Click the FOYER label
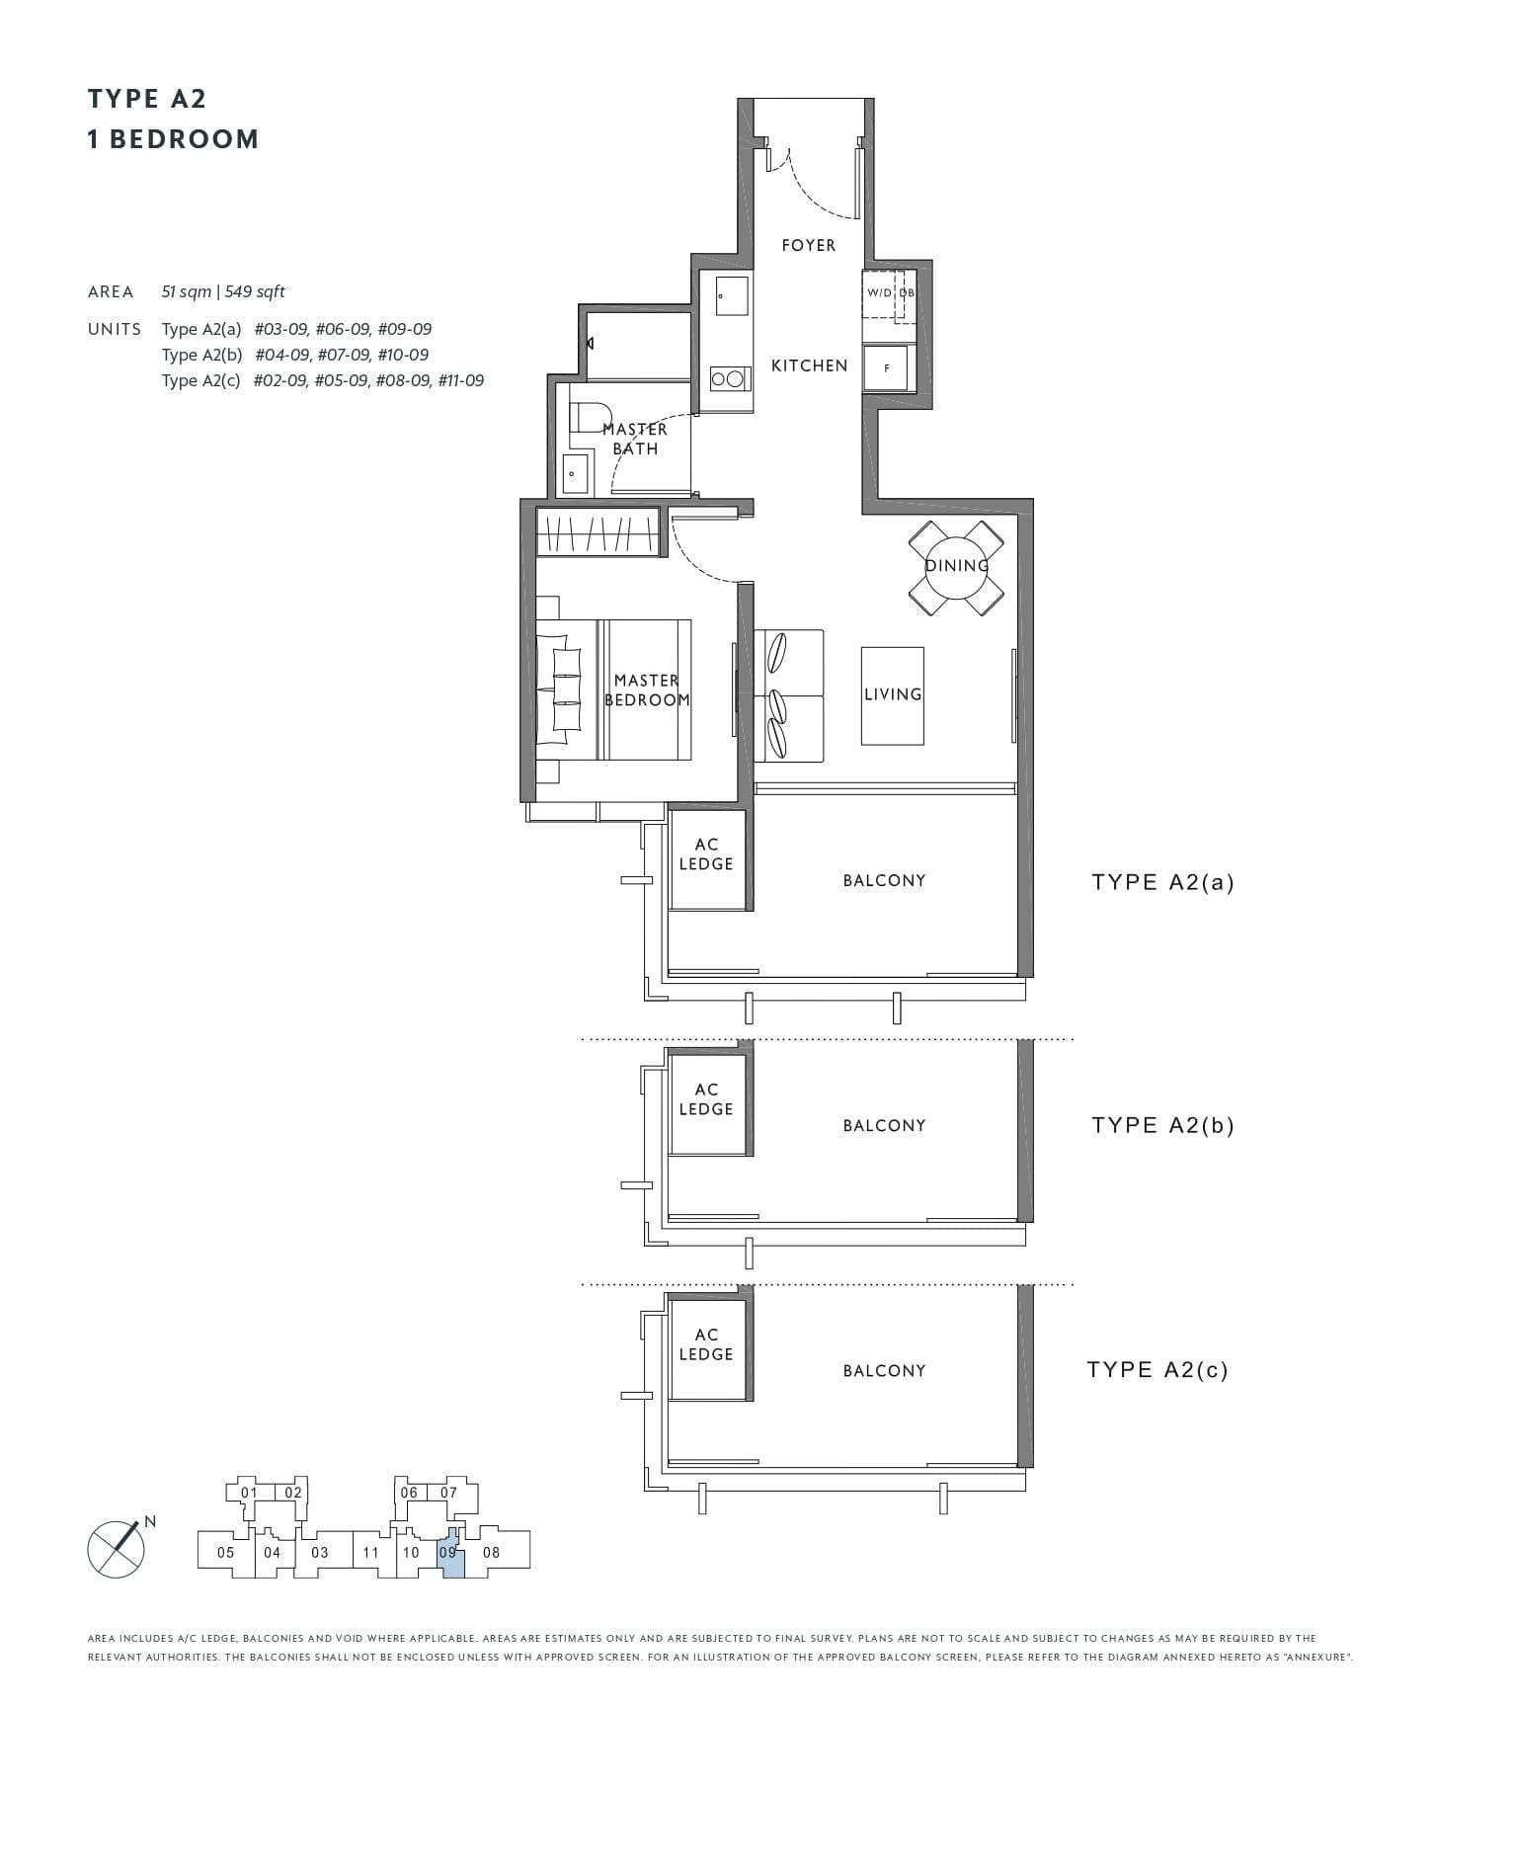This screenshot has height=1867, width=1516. (x=808, y=245)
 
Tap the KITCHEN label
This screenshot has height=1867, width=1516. (x=809, y=365)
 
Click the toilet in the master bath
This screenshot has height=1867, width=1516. (x=591, y=418)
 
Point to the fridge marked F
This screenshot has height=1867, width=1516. (x=886, y=367)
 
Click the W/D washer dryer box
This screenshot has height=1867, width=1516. (x=879, y=293)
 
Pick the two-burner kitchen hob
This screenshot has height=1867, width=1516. (x=728, y=378)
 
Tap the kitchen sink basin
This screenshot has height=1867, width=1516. (x=731, y=296)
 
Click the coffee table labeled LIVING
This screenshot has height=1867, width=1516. (x=892, y=695)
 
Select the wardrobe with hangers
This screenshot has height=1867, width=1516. (x=598, y=532)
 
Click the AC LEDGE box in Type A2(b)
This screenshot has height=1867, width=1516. (x=706, y=1100)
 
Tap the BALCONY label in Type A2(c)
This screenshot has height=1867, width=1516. (x=884, y=1371)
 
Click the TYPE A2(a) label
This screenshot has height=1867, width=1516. (x=1162, y=882)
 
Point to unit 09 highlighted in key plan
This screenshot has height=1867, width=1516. (x=449, y=1552)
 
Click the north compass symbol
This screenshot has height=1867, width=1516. (x=117, y=1548)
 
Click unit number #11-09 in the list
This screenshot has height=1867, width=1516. (x=460, y=380)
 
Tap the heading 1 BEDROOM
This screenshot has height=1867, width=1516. (x=173, y=139)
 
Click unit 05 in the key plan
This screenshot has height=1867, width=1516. (x=226, y=1552)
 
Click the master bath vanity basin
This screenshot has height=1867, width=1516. (x=576, y=474)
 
